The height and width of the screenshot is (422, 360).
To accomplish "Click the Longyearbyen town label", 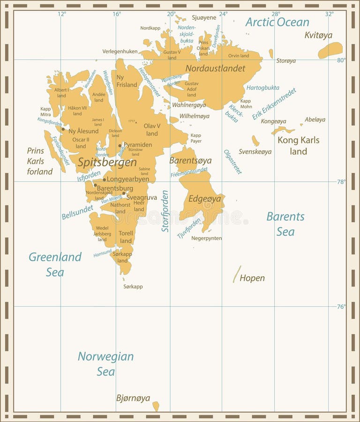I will [128, 179].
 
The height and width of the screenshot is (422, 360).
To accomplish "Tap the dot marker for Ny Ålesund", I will [63, 129].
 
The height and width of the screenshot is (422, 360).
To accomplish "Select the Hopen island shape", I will [237, 274].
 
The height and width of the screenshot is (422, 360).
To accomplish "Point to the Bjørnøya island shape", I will [156, 406].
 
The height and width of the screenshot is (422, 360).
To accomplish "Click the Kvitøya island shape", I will [330, 50].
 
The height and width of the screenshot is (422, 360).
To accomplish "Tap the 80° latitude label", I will [341, 60].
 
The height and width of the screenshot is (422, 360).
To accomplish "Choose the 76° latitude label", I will [341, 307].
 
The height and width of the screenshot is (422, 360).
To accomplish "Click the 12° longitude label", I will [62, 14].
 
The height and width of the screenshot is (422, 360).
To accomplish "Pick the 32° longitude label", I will [329, 14].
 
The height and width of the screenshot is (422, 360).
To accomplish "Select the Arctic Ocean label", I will [277, 22].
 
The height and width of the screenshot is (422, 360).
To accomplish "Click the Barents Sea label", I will [285, 224].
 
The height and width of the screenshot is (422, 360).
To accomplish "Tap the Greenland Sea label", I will [55, 264].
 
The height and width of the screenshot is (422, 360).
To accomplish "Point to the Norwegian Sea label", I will [105, 363].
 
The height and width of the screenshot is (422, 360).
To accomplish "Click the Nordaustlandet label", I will [215, 68].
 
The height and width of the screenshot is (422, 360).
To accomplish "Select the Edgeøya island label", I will [204, 199].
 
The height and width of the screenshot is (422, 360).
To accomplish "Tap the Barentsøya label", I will [190, 161].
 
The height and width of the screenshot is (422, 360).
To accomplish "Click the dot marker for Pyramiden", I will [120, 145].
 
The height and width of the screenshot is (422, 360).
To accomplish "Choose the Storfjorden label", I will [165, 211].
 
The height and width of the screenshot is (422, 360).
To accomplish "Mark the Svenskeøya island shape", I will [255, 141].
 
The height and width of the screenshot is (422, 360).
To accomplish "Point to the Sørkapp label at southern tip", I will [133, 286].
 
